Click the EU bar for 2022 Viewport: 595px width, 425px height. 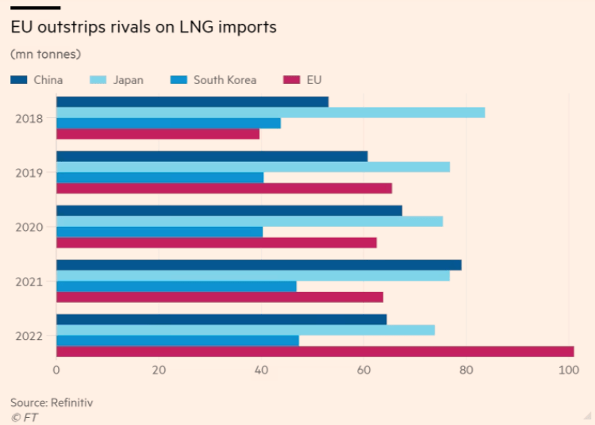(x=315, y=351)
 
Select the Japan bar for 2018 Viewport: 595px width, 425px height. (x=271, y=113)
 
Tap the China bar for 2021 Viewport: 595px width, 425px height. (x=259, y=265)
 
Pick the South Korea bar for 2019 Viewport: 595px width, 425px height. (x=160, y=178)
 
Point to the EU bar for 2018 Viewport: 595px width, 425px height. (x=158, y=134)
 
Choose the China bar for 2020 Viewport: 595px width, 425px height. (x=229, y=211)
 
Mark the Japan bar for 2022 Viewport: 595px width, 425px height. (x=245, y=330)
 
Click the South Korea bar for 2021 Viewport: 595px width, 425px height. (x=176, y=286)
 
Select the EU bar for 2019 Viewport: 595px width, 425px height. (x=225, y=189)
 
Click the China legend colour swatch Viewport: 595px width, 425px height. (x=19, y=80)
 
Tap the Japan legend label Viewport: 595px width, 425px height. (x=129, y=80)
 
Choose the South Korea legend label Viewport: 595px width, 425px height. (x=225, y=80)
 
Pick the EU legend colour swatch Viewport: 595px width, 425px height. (x=291, y=80)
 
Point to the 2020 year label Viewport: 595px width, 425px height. (x=29, y=227)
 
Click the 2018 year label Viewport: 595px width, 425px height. (x=29, y=119)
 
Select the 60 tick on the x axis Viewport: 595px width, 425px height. (x=363, y=370)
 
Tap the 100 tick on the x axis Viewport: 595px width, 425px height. (x=569, y=370)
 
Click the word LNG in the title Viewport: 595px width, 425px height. (x=196, y=27)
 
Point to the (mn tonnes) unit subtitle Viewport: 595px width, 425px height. (x=45, y=54)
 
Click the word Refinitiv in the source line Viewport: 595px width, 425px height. (x=71, y=403)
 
